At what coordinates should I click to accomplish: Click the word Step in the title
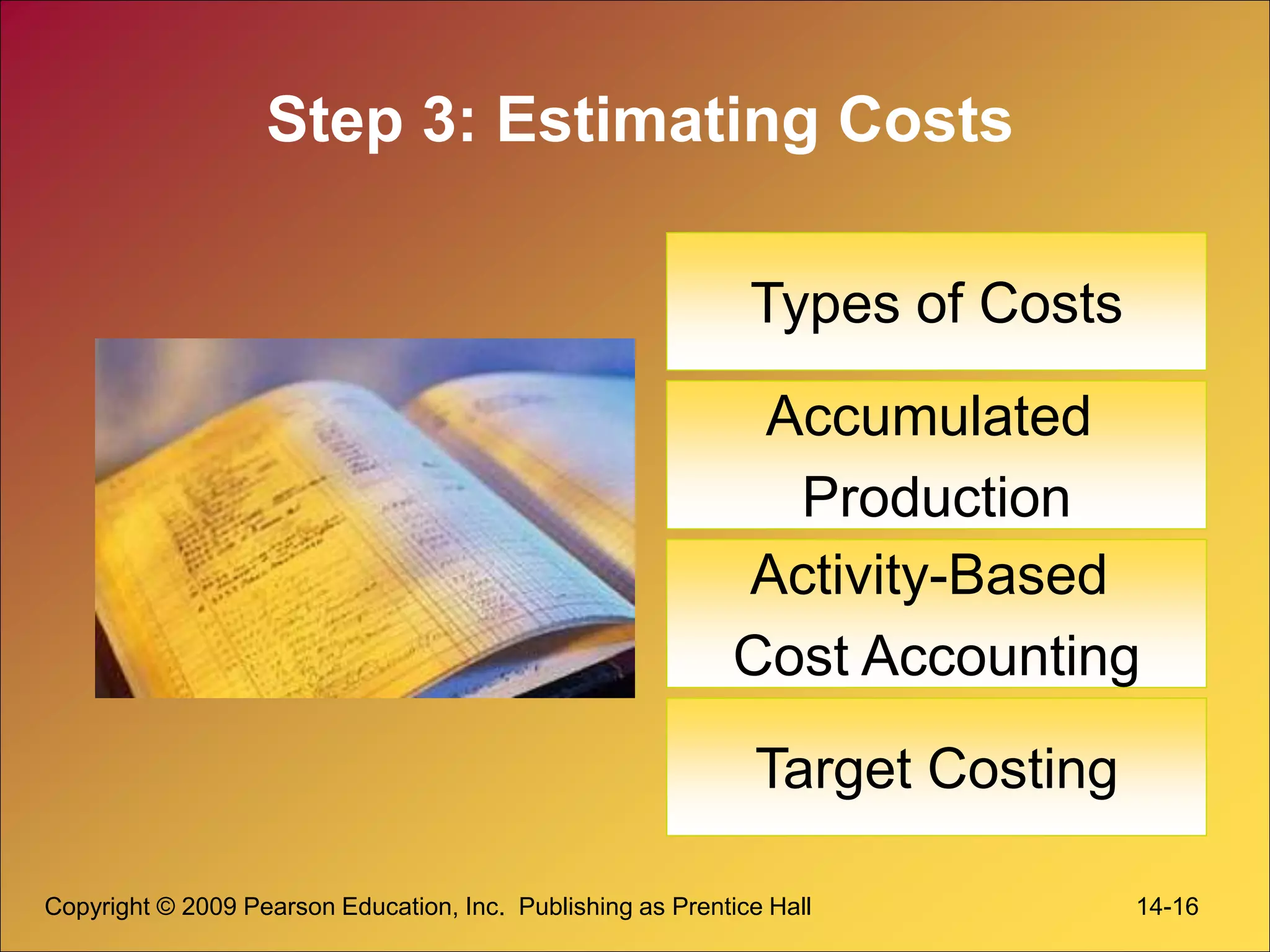[335, 121]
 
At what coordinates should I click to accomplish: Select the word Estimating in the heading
[658, 121]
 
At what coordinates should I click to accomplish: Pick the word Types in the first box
[825, 304]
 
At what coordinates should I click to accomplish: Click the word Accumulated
[928, 416]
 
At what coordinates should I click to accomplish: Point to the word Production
[936, 497]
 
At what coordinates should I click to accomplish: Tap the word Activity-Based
[928, 575]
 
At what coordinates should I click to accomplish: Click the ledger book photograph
[365, 518]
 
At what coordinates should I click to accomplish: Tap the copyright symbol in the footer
[166, 907]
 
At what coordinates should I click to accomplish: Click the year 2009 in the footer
[209, 907]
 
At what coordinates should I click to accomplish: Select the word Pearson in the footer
[290, 907]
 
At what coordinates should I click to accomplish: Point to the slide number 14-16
[1167, 907]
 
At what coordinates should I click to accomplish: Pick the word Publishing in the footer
[574, 907]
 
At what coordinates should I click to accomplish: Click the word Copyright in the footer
[97, 907]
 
